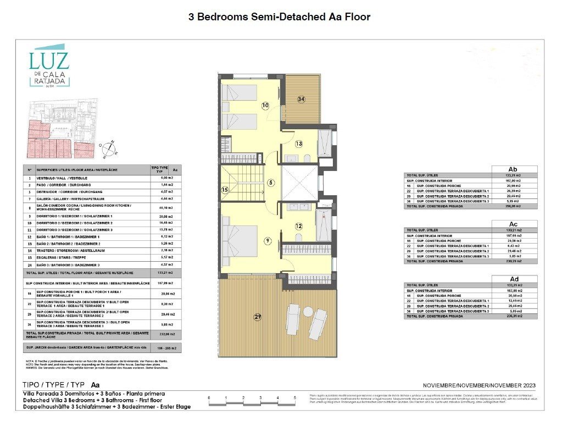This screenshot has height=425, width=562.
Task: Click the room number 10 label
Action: (265, 104)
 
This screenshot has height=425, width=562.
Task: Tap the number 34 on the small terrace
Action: (301, 99)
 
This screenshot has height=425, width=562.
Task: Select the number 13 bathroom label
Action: (298, 144)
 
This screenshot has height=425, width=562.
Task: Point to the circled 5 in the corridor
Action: (271, 183)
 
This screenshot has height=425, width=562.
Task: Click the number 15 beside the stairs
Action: (225, 190)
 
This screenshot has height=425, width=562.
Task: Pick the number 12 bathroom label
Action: (298, 226)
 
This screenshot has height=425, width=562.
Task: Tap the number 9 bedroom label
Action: (267, 240)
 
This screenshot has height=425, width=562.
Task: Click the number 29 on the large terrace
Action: (258, 317)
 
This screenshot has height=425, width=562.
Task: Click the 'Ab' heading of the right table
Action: (515, 169)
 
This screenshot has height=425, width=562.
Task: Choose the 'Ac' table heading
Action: (515, 224)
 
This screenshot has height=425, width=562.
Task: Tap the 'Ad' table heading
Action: (515, 279)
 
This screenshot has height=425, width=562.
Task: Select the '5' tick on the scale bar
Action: (294, 397)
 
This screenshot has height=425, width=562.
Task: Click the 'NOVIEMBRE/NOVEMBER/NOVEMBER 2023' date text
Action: (479, 385)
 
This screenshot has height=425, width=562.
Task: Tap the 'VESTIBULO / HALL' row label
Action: (62, 178)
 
